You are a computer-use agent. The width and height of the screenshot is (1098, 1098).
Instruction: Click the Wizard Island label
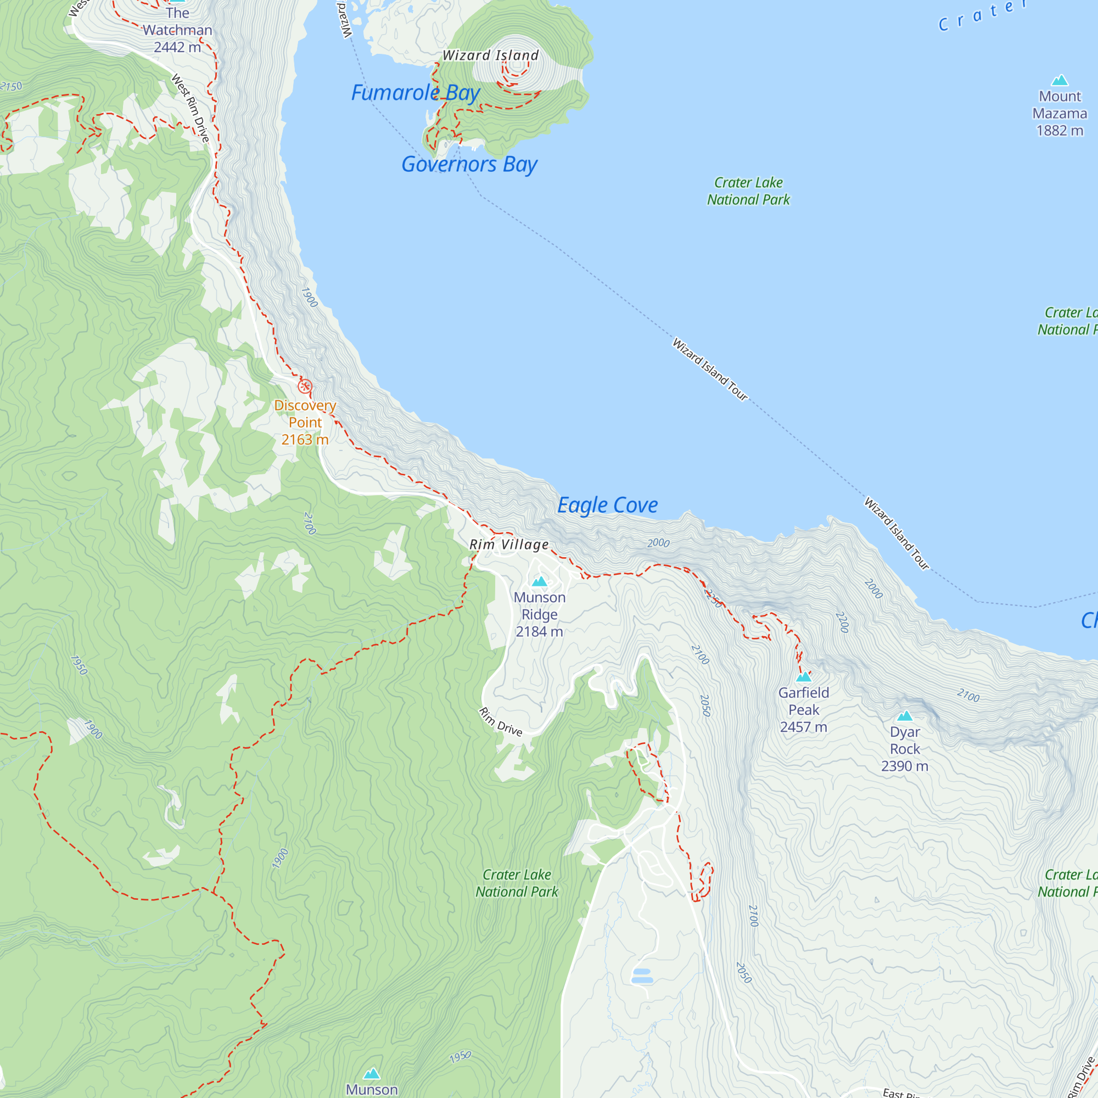click(x=490, y=55)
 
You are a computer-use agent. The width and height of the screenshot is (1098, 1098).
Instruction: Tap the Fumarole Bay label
click(x=416, y=93)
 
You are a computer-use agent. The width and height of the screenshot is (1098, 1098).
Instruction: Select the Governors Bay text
click(x=469, y=164)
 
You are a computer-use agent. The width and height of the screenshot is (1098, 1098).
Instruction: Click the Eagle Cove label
click(x=607, y=505)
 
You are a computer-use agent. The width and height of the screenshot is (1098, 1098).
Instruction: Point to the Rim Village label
click(x=509, y=545)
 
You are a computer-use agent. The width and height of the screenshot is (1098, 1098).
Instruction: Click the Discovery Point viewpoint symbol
click(x=305, y=386)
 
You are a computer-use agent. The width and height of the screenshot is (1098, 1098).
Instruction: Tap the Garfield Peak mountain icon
click(x=803, y=676)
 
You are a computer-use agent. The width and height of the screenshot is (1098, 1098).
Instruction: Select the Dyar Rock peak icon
click(x=904, y=715)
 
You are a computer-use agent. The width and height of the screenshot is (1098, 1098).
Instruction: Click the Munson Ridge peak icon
click(x=539, y=581)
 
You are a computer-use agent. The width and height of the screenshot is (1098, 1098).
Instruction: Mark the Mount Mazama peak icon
click(x=1060, y=80)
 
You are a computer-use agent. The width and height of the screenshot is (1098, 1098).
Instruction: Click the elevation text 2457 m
click(x=803, y=727)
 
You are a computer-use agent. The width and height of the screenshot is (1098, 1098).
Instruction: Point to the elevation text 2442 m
click(x=177, y=47)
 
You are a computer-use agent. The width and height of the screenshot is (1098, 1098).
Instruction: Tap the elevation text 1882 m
click(x=1060, y=131)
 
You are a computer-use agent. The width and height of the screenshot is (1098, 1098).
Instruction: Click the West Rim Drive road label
click(x=191, y=108)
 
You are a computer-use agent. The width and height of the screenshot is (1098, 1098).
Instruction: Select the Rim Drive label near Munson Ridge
click(x=500, y=722)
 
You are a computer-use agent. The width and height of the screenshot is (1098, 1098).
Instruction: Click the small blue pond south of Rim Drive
click(x=642, y=976)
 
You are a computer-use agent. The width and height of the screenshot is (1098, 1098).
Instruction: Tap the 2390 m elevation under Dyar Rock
click(x=904, y=766)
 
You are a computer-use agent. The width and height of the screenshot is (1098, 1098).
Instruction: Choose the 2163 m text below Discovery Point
click(x=305, y=439)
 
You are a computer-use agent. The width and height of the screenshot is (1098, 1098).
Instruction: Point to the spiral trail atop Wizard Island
click(x=516, y=68)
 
